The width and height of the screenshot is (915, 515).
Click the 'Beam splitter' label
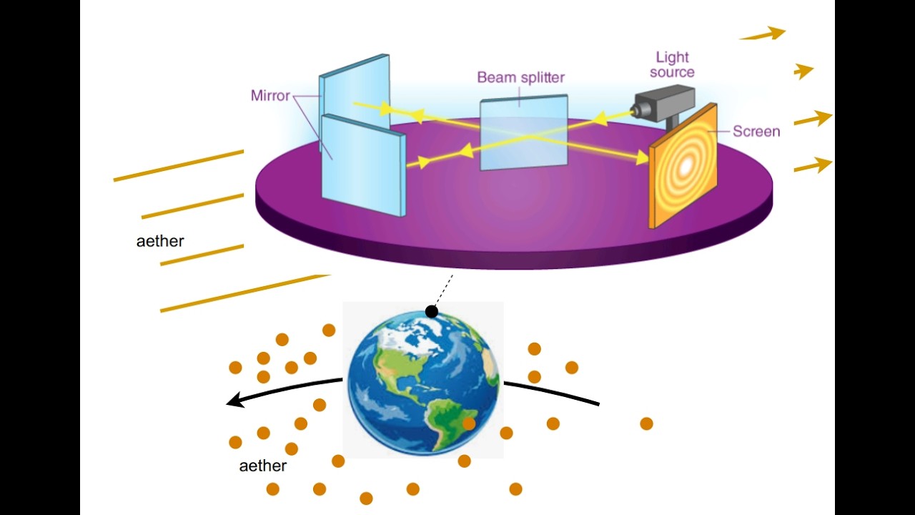click(521, 77)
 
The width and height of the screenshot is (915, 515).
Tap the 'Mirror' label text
click(270, 96)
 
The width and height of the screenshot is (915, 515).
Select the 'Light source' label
click(672, 64)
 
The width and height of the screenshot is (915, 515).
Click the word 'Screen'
click(756, 131)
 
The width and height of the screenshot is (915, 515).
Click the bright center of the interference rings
click(686, 165)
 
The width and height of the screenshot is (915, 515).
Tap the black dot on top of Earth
click(431, 312)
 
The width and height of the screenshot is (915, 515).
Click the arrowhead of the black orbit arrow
click(235, 400)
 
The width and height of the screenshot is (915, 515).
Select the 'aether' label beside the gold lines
click(160, 241)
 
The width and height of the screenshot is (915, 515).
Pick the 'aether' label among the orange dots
click(262, 466)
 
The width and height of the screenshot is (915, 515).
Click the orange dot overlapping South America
click(469, 423)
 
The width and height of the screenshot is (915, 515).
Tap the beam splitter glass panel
click(524, 133)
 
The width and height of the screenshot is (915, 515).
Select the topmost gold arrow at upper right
click(762, 34)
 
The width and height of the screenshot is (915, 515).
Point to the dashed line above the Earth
click(444, 290)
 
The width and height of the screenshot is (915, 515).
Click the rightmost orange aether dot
click(646, 423)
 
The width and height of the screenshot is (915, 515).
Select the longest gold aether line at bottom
click(245, 293)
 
